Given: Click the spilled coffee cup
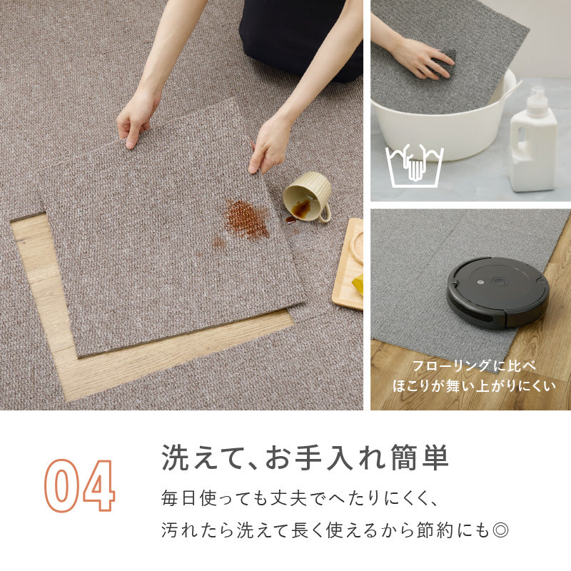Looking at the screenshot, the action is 307,197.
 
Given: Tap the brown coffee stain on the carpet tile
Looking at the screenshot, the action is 246,219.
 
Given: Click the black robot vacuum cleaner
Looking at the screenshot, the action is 497,292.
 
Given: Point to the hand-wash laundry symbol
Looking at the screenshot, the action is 415,166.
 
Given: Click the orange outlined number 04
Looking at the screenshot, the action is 80,485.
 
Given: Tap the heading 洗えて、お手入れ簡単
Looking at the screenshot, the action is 305,458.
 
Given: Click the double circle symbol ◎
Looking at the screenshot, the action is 500,530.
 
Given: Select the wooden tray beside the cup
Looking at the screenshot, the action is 348,264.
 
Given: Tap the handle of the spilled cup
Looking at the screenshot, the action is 325,213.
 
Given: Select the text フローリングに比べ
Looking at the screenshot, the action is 473,366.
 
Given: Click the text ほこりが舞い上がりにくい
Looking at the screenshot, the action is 474,386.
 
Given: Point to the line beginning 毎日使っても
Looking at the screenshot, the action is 300,498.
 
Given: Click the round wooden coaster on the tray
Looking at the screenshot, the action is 357,247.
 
